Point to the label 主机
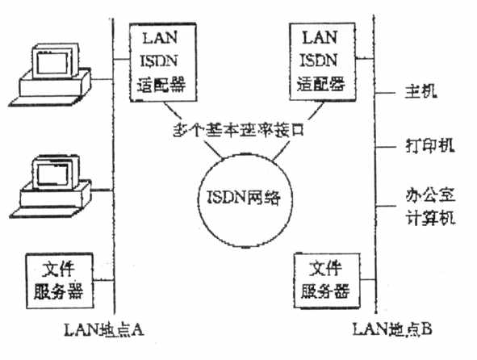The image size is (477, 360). tap(421, 91)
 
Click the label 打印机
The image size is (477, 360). tap(430, 145)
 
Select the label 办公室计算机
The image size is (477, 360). tap(430, 207)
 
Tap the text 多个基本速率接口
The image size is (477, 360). tap(239, 130)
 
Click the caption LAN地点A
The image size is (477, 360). tap(104, 329)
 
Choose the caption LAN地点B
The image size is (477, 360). tap(392, 329)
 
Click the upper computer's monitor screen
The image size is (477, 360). tap(52, 63)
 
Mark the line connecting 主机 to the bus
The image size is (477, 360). tap(385, 92)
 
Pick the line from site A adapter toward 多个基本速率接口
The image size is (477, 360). tap(173, 110)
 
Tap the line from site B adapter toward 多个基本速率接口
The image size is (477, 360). tap(316, 111)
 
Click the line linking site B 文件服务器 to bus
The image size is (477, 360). tap(368, 279)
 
